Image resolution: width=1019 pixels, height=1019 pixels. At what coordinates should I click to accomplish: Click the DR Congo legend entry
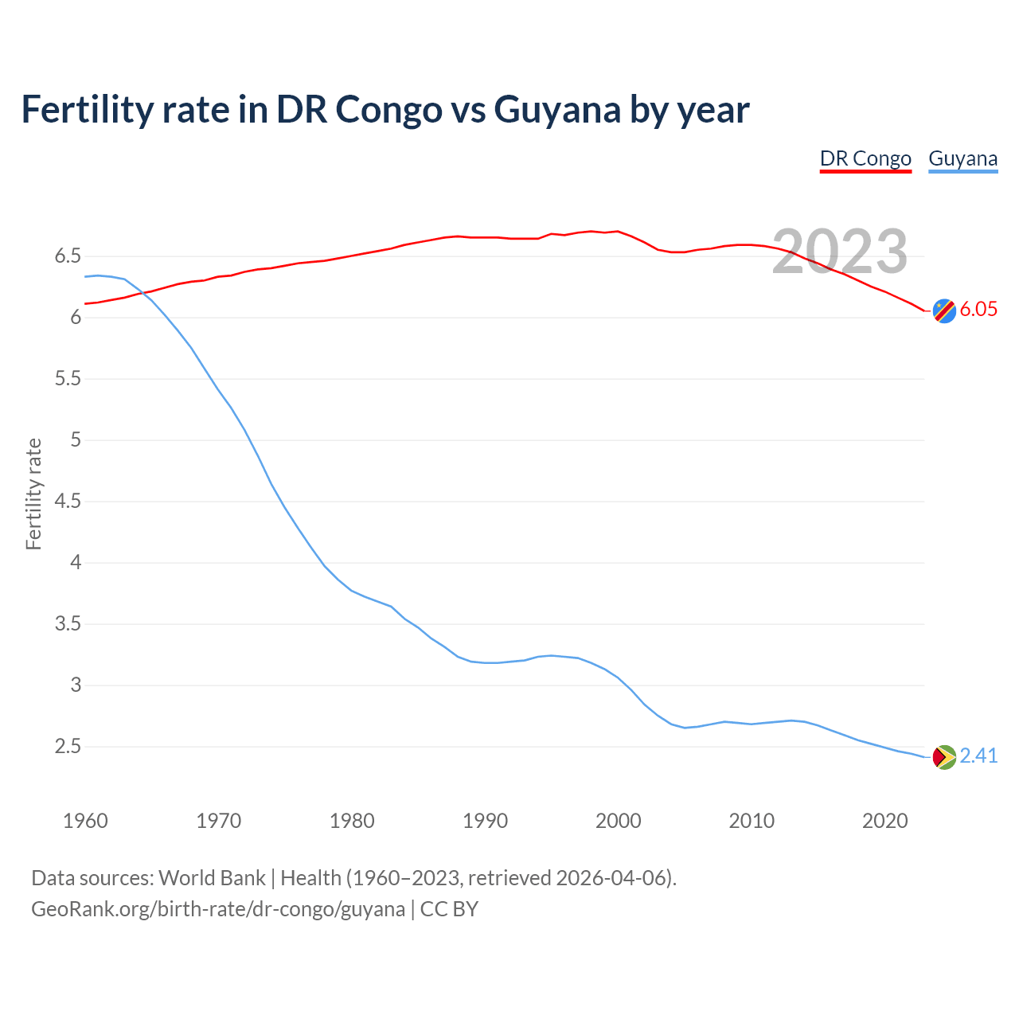pos(865,158)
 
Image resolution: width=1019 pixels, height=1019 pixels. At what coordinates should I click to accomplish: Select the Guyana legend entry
pos(962,158)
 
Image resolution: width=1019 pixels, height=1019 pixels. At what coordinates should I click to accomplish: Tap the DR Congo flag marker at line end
pos(944,310)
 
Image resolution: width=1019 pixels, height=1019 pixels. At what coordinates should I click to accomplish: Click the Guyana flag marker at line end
pos(944,756)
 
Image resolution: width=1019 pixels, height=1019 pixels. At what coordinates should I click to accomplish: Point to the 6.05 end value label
pos(978,310)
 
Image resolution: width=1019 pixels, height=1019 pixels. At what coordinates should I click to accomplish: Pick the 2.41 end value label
pos(978,755)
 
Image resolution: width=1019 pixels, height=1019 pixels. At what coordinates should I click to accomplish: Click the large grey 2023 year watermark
pos(840,252)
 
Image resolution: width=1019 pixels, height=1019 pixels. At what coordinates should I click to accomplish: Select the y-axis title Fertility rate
pos(33,494)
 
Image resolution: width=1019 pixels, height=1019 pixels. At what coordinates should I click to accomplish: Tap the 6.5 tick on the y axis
pos(68,256)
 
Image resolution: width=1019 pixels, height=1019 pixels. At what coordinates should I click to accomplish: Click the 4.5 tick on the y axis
pos(68,502)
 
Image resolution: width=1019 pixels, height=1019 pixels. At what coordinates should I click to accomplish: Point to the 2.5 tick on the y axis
pos(68,747)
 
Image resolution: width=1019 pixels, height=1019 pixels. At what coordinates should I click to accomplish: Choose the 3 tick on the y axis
pos(76,685)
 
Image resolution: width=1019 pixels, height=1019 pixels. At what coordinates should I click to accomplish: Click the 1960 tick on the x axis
pos(85,821)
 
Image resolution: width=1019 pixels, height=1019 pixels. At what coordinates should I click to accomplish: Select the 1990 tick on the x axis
pos(485,821)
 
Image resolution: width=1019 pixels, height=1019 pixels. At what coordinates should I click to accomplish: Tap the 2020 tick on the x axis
pos(884,821)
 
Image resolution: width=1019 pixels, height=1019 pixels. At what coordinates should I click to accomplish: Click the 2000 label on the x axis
pos(618,821)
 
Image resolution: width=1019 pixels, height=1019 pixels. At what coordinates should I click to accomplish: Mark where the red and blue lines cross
pos(145,293)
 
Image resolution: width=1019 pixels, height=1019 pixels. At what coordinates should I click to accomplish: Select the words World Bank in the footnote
pos(212,878)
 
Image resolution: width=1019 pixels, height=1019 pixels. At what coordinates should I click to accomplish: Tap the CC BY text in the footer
pos(449,909)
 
